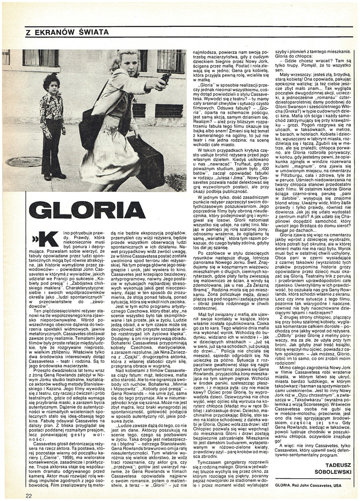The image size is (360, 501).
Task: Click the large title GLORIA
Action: point(88,210)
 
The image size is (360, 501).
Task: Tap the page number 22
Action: point(28,496)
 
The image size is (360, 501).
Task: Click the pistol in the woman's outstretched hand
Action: point(164,78)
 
